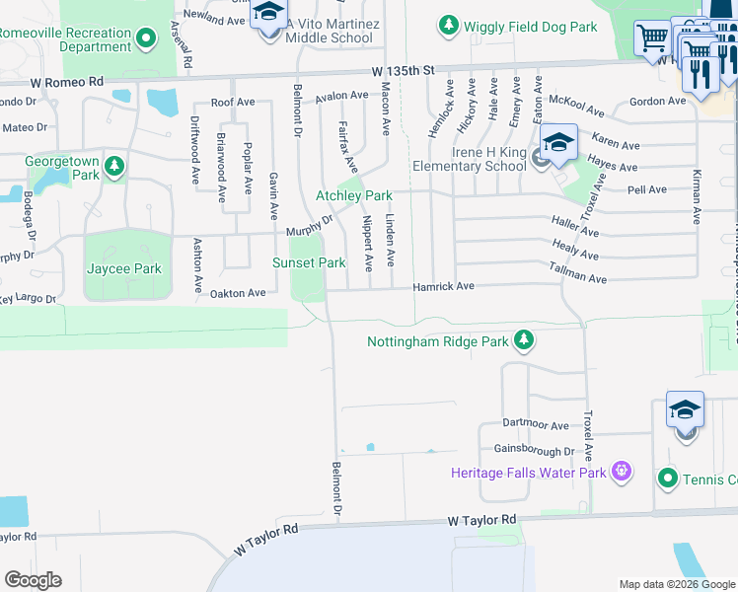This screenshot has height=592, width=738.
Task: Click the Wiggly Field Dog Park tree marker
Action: [x=449, y=24]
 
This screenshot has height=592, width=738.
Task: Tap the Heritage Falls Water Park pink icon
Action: [x=621, y=472]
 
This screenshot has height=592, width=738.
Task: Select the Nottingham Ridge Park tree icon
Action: [x=523, y=342]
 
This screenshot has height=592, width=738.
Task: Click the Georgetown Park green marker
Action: [x=115, y=165]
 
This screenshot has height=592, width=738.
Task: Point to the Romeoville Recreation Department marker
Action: [x=146, y=39]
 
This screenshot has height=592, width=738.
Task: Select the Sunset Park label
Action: [x=309, y=262]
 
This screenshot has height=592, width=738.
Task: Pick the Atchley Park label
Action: [x=353, y=195]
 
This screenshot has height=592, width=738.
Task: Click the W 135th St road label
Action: [x=405, y=71]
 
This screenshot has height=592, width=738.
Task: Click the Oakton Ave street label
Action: [x=237, y=293]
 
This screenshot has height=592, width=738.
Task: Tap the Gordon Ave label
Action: [x=656, y=101]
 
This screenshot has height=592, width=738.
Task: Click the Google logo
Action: [x=33, y=580]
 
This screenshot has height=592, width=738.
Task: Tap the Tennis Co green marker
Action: [x=668, y=479]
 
